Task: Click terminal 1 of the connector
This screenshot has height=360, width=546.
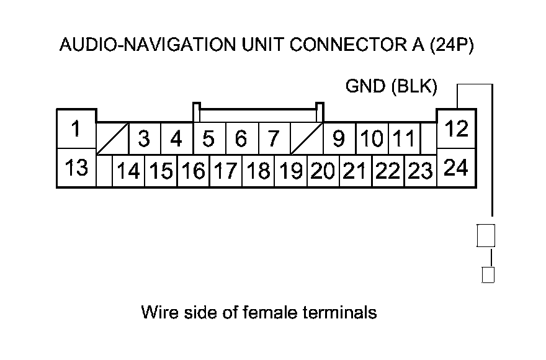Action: [x=76, y=129]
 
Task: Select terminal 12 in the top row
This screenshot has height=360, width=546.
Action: [x=456, y=129]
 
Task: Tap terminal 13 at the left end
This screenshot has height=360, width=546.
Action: [x=76, y=168]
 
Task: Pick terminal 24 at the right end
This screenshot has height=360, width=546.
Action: [x=456, y=168]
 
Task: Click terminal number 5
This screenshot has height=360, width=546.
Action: [x=209, y=138]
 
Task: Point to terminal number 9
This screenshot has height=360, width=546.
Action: [x=339, y=138]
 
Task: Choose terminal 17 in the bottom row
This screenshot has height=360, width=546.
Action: [x=226, y=171]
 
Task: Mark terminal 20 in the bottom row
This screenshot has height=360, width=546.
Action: [x=323, y=171]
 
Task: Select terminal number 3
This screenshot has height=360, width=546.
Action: [x=145, y=138]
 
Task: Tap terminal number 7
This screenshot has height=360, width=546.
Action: [x=274, y=138]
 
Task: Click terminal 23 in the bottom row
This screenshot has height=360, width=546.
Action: [x=421, y=171]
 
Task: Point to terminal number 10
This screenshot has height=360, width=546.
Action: [x=372, y=138]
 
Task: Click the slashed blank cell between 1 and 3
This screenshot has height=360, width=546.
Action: [x=112, y=138]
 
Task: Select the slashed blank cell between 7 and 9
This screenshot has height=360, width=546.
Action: [x=307, y=138]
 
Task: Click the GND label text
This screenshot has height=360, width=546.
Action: [x=365, y=86]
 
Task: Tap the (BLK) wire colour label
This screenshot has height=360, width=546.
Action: [x=414, y=86]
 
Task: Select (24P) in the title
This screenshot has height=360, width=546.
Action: [x=452, y=45]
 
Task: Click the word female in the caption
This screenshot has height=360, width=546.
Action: [x=269, y=312]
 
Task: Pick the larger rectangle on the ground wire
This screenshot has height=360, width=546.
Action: [x=486, y=236]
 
